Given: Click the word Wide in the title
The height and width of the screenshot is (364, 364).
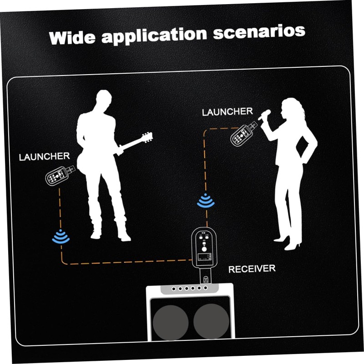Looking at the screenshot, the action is point(72,37).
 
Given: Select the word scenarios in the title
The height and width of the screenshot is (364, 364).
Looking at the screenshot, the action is point(257,31).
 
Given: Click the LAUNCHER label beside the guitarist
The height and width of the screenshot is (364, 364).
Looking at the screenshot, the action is point(44,157).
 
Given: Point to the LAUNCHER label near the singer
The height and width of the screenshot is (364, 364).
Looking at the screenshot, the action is point(227,111).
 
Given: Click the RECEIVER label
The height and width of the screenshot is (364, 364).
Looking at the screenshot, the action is point(252,268).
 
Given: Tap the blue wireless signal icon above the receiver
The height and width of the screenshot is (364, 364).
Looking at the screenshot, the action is point(206,201).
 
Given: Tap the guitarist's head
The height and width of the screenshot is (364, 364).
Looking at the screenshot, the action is point(104,101).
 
